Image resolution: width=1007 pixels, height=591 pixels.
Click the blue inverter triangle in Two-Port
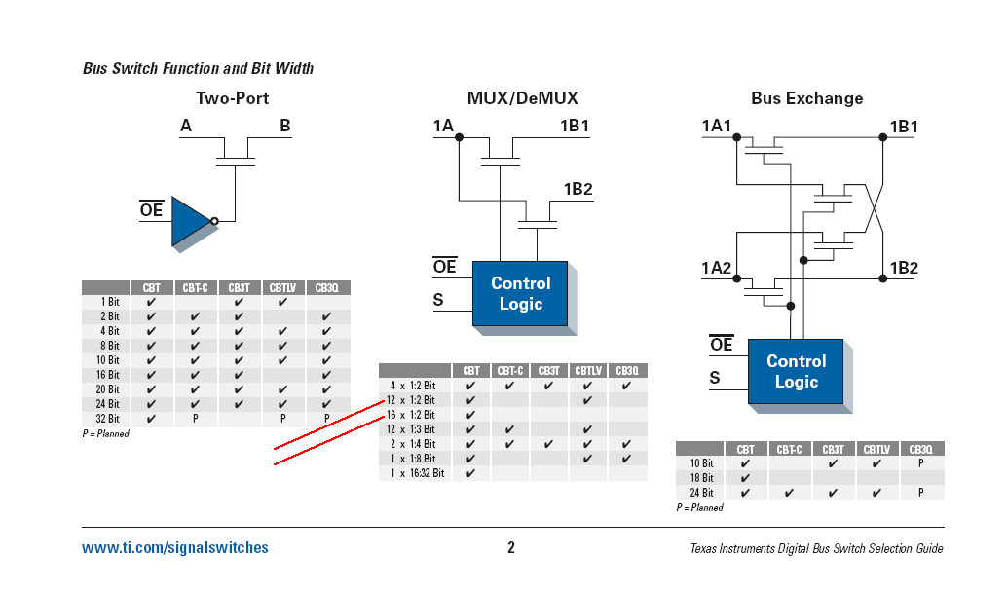coord(190,221)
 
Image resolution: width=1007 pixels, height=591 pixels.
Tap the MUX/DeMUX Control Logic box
coord(520,294)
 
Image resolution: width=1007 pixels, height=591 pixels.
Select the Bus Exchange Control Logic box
coord(796,371)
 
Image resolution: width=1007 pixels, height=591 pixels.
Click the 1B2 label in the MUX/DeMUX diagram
coord(578,189)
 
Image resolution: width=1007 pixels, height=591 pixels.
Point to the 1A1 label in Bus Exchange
coord(716,126)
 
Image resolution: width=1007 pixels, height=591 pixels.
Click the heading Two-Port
coord(232,98)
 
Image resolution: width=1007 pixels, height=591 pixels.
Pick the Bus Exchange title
coord(806,98)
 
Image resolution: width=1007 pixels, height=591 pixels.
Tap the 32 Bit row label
coord(108,419)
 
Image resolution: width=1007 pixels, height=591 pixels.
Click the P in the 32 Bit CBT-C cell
coord(195,419)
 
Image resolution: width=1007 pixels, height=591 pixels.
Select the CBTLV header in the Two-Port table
coord(282,288)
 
